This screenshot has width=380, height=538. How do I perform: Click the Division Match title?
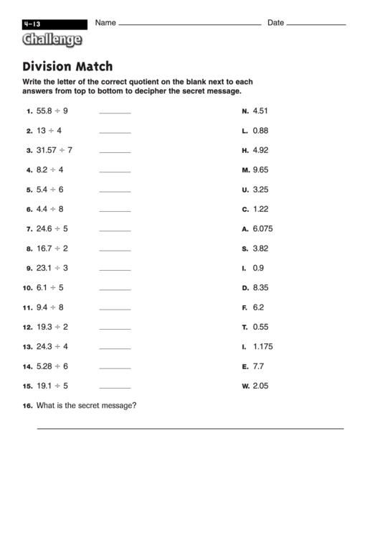point(68,67)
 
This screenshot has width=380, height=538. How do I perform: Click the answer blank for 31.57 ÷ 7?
point(115,152)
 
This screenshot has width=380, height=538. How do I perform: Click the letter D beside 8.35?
point(245,287)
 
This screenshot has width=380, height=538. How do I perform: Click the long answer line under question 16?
point(190,428)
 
